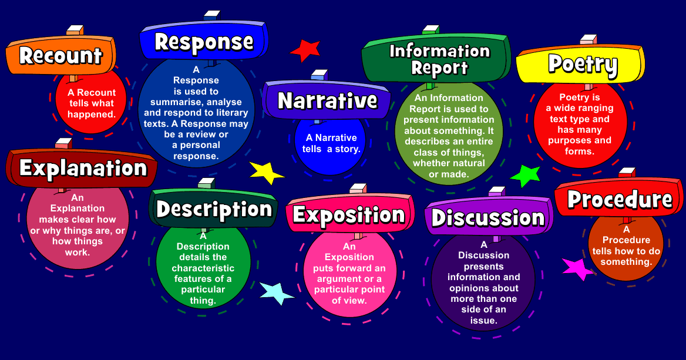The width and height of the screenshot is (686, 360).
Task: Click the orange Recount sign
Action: (x=60, y=56)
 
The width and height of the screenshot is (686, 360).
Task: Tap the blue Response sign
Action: (x=204, y=42)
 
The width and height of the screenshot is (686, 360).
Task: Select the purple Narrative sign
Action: (x=327, y=100)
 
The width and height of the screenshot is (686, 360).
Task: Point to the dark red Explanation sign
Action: (x=82, y=169)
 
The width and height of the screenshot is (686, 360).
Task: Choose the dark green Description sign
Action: (x=214, y=210)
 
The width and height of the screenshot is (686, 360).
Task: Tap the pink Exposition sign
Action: (x=348, y=215)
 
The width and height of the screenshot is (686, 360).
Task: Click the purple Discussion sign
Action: (x=488, y=218)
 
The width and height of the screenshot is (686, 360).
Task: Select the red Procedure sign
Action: (x=620, y=200)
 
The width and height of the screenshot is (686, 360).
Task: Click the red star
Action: (x=305, y=51)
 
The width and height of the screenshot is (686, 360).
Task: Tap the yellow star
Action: (x=266, y=172)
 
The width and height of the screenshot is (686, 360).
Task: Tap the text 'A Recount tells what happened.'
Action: (x=91, y=103)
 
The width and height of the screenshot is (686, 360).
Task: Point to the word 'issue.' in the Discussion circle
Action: (x=483, y=321)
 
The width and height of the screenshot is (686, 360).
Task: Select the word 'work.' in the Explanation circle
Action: (x=77, y=253)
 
